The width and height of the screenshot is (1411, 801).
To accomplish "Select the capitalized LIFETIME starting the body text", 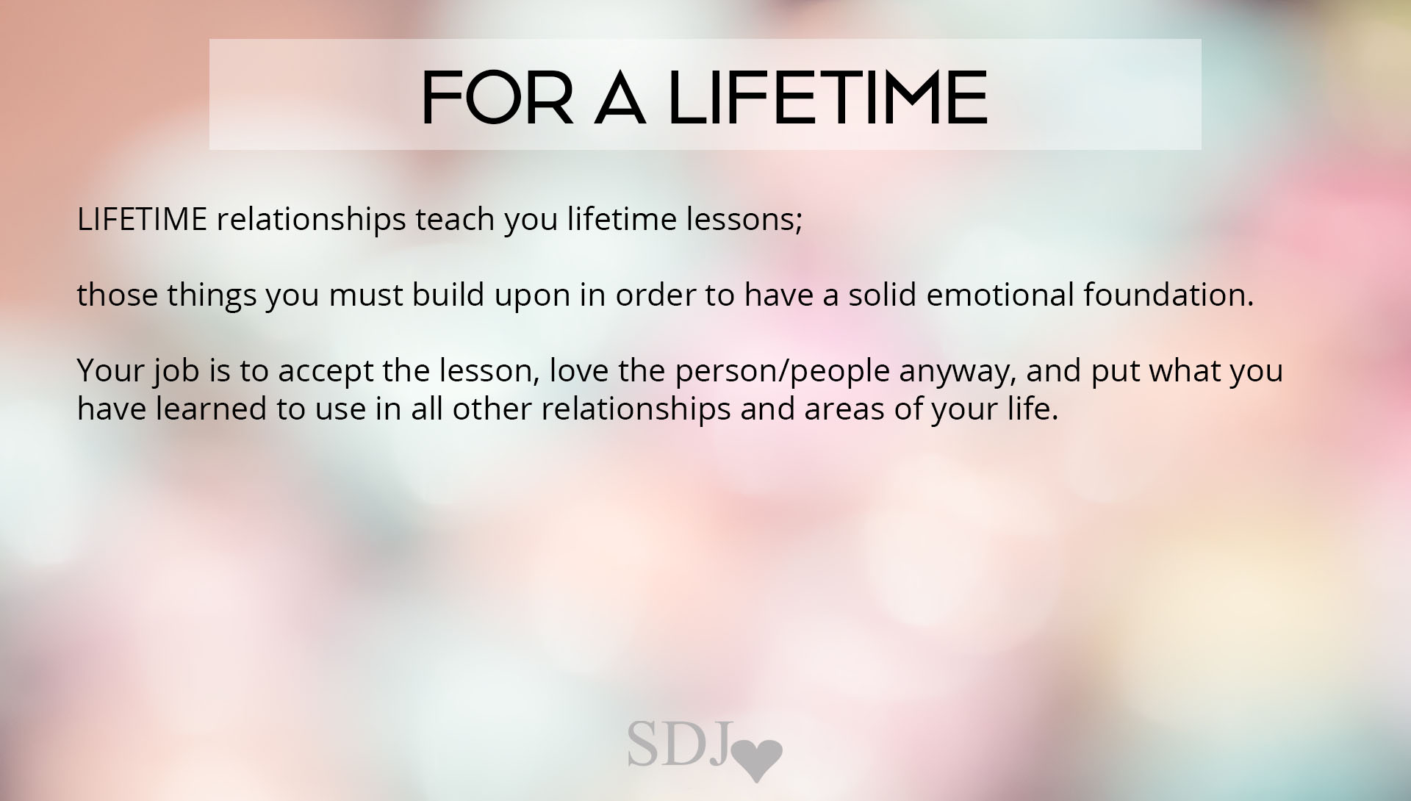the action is pos(142,220).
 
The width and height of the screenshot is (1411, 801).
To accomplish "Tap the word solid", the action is pos(883,295).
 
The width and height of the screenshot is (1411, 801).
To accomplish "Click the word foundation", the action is pos(1168,295).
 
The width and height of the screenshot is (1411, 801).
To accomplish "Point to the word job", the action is pos(176,371).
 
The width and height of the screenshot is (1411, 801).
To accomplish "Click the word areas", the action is pos(844,410).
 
